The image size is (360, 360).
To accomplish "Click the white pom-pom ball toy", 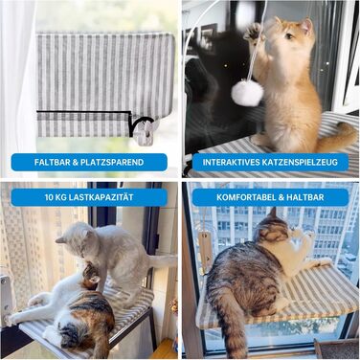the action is [x=247, y=95].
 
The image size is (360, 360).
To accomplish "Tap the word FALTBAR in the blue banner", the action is [x=51, y=162].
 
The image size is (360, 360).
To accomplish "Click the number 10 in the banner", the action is [x=50, y=197].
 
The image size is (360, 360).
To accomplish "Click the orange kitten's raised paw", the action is [x=254, y=33].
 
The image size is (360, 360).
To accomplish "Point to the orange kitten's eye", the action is [x=289, y=36].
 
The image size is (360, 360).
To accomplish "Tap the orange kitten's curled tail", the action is [x=337, y=137].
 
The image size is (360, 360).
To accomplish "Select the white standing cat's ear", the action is [x=60, y=239].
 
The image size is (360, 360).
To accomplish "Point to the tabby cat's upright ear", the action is [x=272, y=214].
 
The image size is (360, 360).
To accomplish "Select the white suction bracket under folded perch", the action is [x=146, y=133].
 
